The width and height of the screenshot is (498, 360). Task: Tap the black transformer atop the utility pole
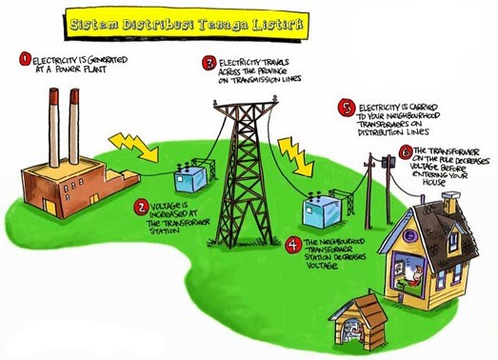[x=387, y=164]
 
